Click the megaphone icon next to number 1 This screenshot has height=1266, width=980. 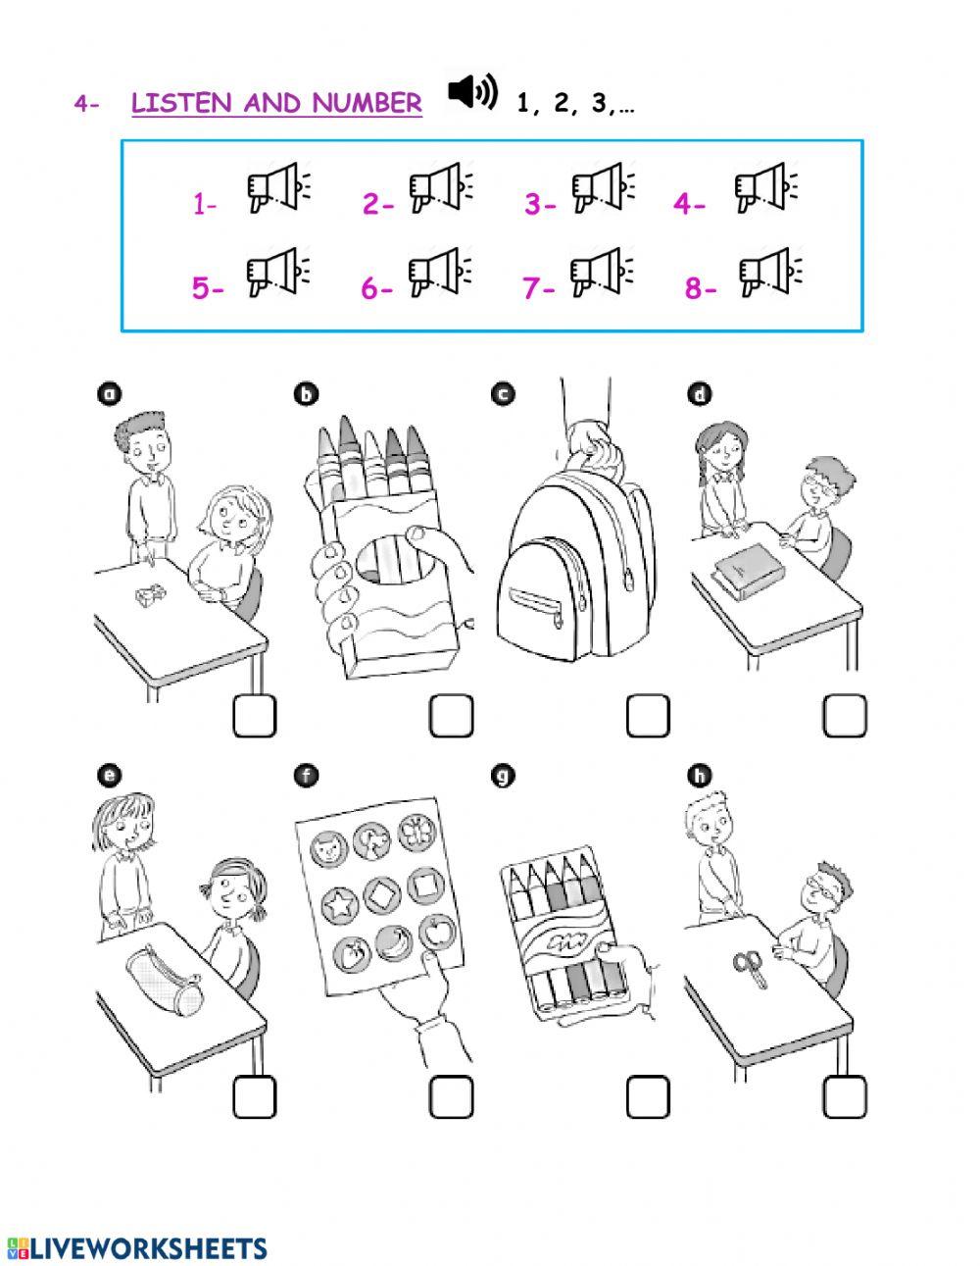(x=278, y=188)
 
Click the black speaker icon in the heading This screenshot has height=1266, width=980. (x=472, y=92)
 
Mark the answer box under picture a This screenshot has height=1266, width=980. (x=255, y=717)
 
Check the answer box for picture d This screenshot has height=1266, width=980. (x=845, y=717)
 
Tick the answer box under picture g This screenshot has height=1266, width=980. (x=648, y=1097)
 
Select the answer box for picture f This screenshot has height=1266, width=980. (x=451, y=1097)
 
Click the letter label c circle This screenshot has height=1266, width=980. (x=503, y=394)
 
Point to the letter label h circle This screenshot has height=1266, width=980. (x=700, y=777)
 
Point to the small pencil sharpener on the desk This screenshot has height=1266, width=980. (x=151, y=596)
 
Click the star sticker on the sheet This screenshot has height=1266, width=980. (x=339, y=907)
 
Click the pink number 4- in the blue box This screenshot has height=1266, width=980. (x=689, y=205)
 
